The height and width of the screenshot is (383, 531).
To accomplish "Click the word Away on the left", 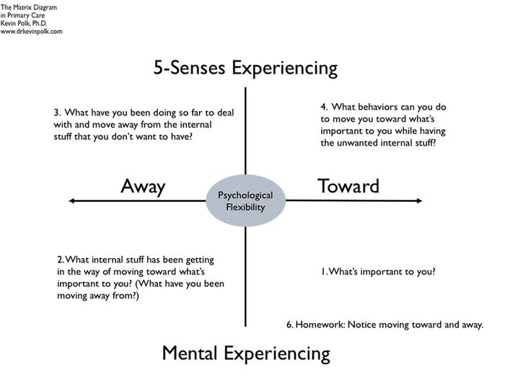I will click(x=143, y=186).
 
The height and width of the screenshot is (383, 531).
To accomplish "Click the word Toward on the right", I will click(x=348, y=186).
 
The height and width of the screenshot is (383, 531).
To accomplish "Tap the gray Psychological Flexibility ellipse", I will click(x=245, y=201).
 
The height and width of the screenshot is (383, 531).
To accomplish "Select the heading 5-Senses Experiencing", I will click(x=245, y=69).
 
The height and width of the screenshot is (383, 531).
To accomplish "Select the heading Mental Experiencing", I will click(x=245, y=353).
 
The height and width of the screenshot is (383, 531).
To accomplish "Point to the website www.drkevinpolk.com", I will click(x=32, y=32).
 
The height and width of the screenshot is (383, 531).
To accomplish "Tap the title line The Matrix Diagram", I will click(x=29, y=6).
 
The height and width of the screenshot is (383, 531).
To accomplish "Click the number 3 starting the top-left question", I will click(x=56, y=113).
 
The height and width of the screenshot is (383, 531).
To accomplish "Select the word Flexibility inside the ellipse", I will click(x=245, y=208).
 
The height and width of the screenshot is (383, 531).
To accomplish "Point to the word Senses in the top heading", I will click(x=198, y=69).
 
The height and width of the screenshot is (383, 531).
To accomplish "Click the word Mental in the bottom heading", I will click(x=190, y=353).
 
